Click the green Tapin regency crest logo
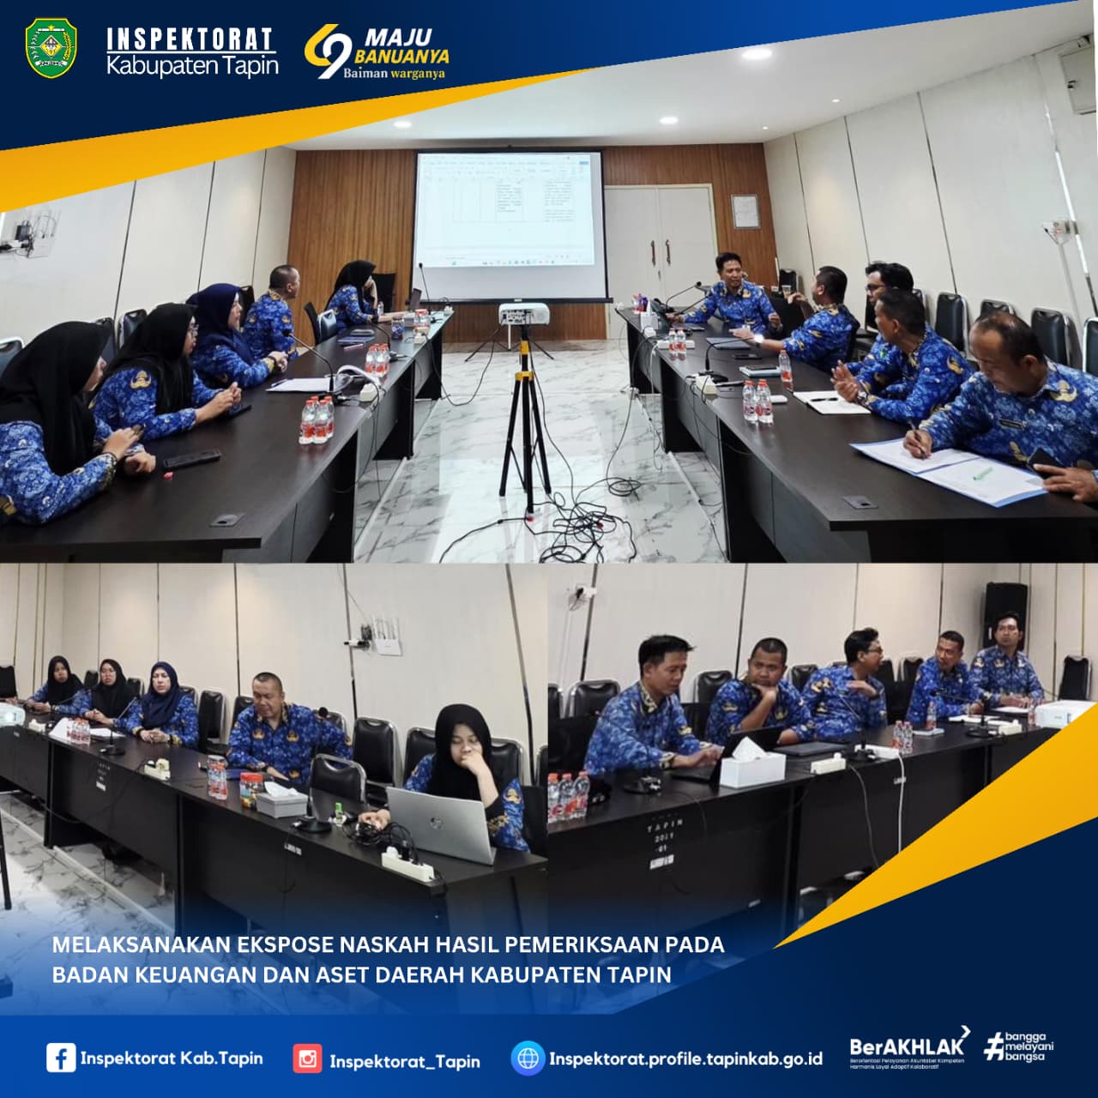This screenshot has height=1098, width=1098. pyautogui.click(x=51, y=49)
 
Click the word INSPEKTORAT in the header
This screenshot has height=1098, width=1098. pyautogui.click(x=190, y=39)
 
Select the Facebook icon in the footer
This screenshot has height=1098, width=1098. pyautogui.click(x=60, y=1058)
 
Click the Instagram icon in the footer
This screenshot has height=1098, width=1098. pyautogui.click(x=307, y=1059)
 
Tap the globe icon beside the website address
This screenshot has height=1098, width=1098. pyautogui.click(x=528, y=1059)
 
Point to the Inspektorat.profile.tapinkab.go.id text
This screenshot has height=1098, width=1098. pyautogui.click(x=685, y=1059)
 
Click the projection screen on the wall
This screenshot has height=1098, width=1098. pyautogui.click(x=508, y=210)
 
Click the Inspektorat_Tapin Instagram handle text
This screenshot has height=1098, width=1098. pyautogui.click(x=404, y=1061)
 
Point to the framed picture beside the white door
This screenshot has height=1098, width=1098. pyautogui.click(x=745, y=211)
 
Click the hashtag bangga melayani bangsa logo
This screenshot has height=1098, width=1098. pyautogui.click(x=1019, y=1046)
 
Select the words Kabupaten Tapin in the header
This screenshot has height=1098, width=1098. pyautogui.click(x=192, y=66)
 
